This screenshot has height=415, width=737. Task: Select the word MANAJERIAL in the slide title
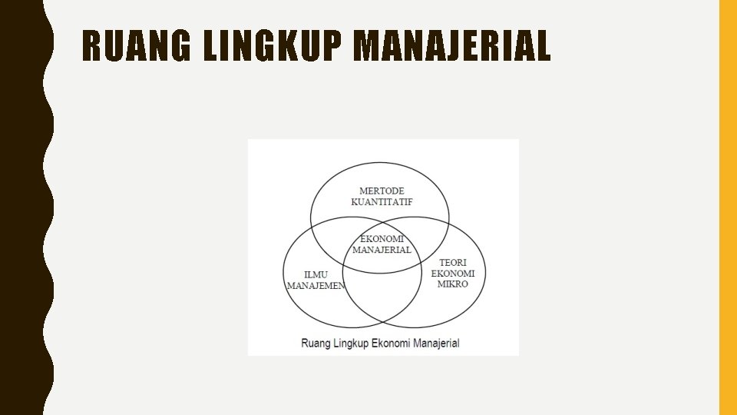pos(454,46)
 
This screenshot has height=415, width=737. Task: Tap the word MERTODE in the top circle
pos(382,191)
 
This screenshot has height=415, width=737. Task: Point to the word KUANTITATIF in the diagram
pos(382,202)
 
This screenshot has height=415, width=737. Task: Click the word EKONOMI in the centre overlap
pos(382,238)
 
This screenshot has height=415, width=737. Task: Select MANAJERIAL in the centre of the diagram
pos(382,250)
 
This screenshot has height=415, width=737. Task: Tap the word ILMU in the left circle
pos(316,274)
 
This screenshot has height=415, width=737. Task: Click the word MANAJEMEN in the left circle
pos(316,286)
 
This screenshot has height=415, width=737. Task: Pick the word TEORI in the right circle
pos(453,263)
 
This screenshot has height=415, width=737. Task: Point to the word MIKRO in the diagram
pos(453,284)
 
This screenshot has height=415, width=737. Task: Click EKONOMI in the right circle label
pos(453,274)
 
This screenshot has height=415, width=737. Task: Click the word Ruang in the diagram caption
pos(316,344)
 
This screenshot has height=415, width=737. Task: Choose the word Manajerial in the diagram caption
pos(436,344)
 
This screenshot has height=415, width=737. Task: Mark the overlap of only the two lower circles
pos(382,296)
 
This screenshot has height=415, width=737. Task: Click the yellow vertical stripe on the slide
pos(727,207)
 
